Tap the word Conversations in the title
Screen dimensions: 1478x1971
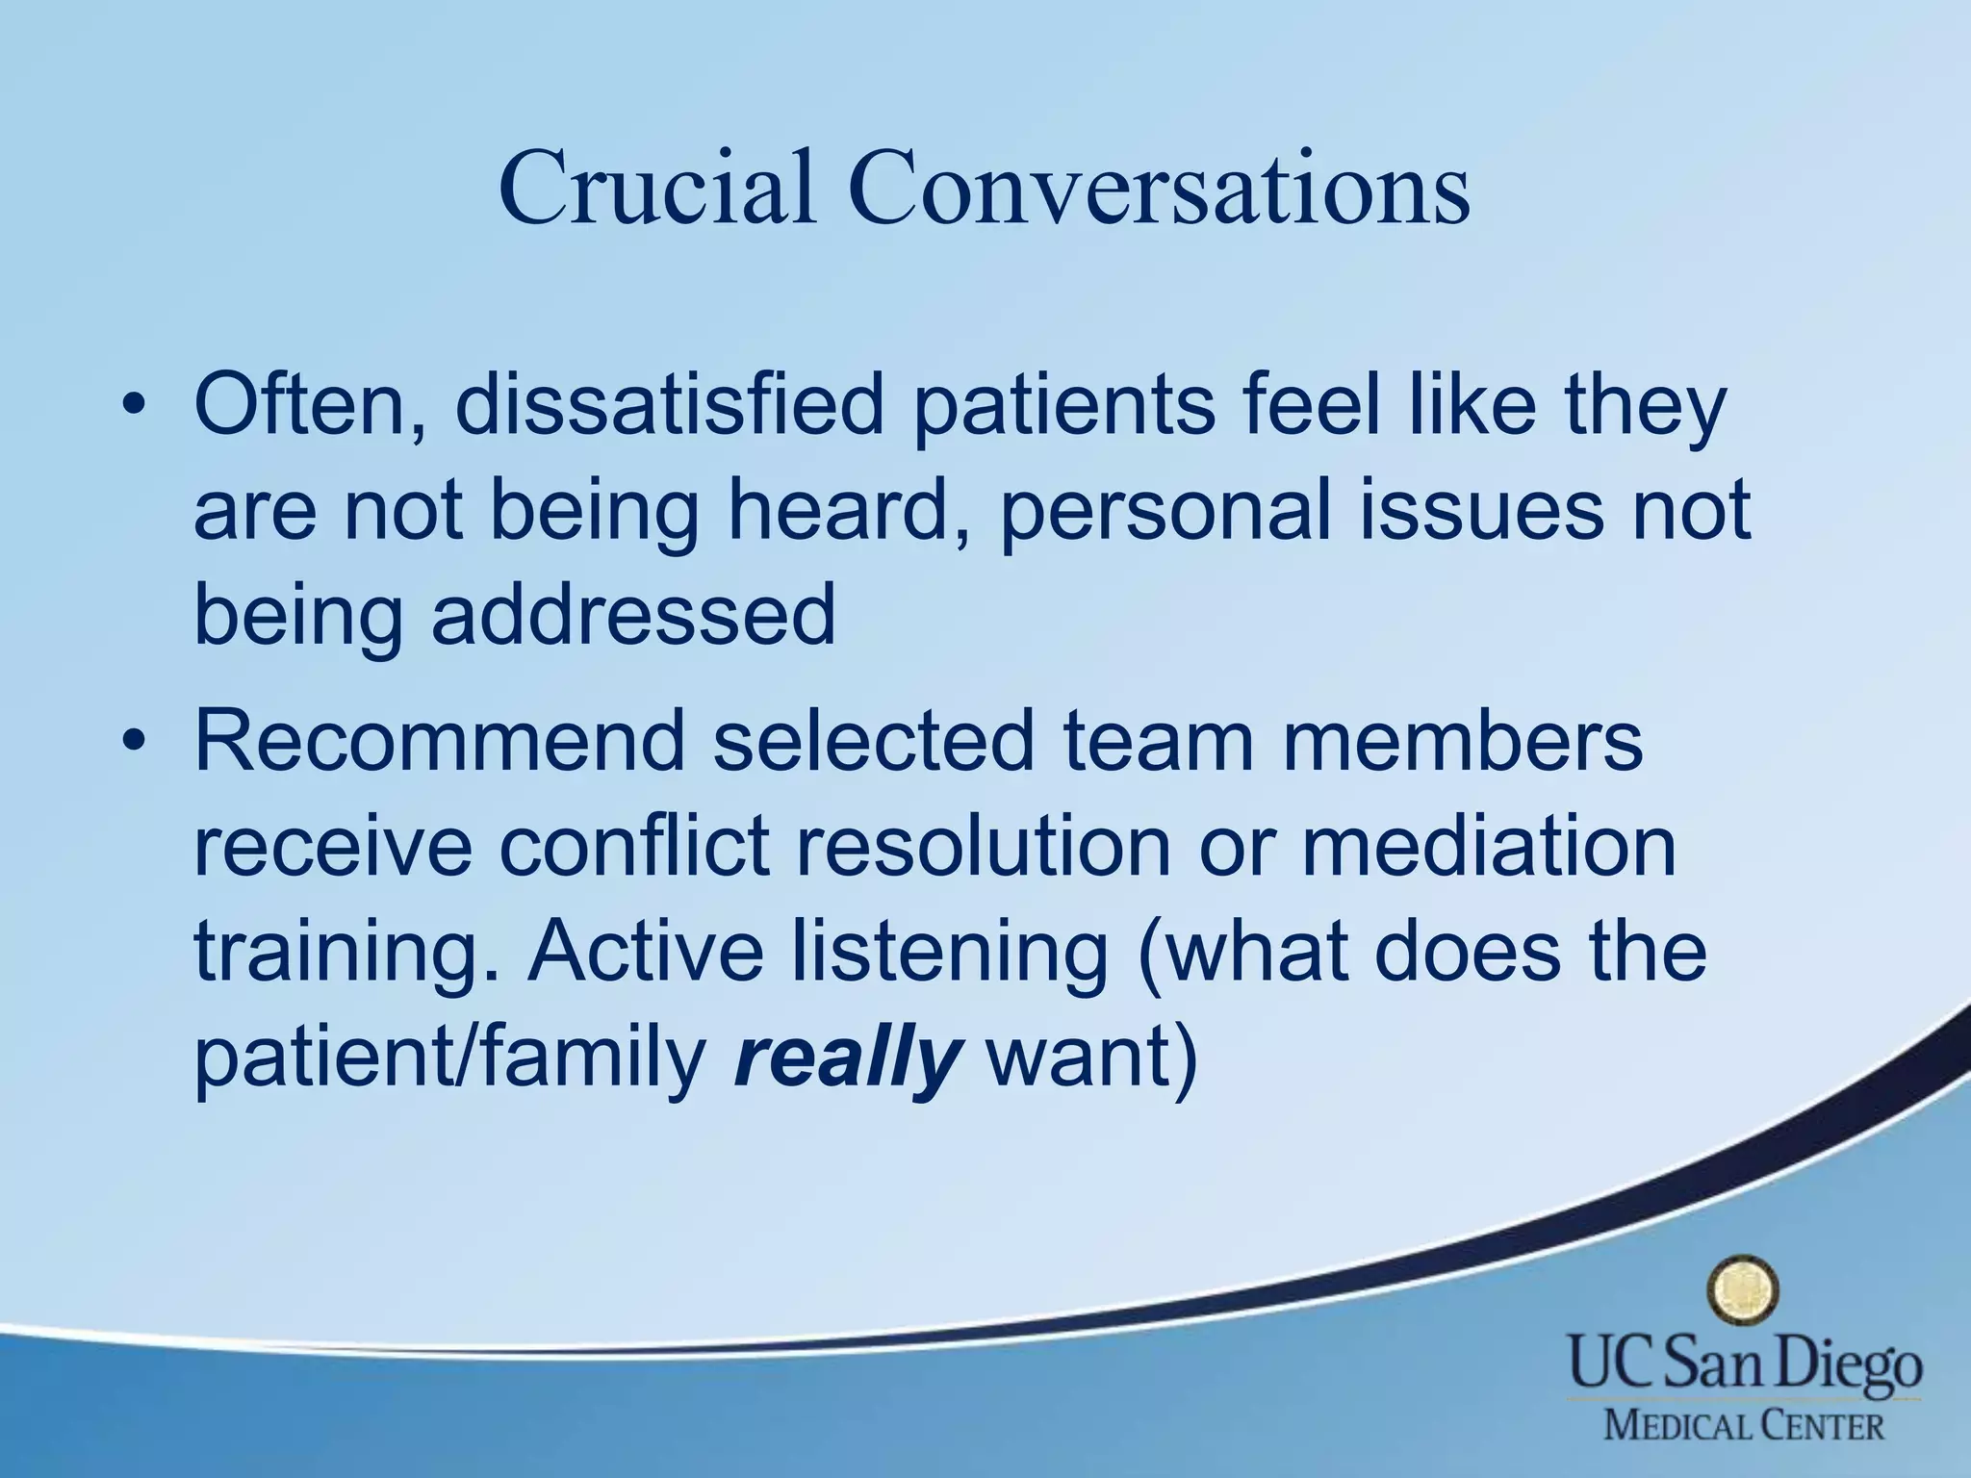[1159, 188]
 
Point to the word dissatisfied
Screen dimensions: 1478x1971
[669, 405]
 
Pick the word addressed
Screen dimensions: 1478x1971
[633, 615]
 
